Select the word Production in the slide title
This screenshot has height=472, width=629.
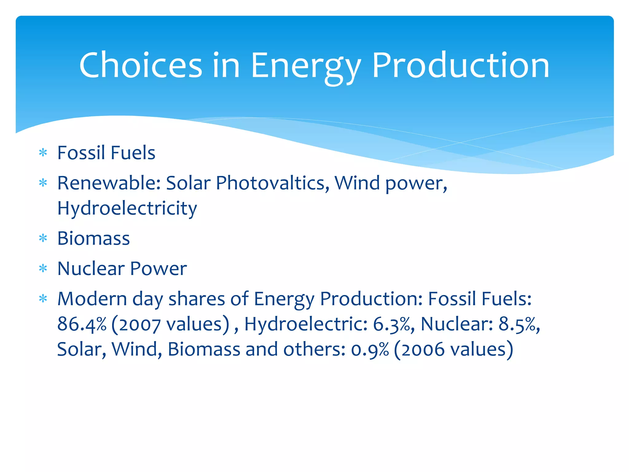[460, 65]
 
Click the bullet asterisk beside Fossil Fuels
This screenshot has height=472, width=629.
[43, 152]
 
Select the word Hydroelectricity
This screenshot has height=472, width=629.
[127, 208]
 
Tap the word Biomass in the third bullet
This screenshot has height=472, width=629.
[94, 238]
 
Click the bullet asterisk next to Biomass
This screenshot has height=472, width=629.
[43, 238]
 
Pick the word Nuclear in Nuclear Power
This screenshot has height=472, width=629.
[91, 268]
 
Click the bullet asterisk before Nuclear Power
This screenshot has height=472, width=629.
[43, 268]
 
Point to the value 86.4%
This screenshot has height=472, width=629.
[82, 324]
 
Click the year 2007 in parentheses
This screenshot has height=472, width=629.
[140, 325]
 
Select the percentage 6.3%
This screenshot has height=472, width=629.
[392, 324]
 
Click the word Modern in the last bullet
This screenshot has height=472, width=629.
[92, 299]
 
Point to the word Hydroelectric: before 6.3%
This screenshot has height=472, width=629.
[306, 324]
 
